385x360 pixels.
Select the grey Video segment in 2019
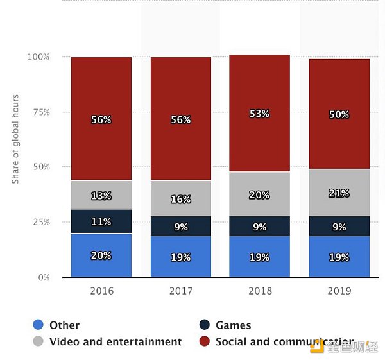click(339, 193)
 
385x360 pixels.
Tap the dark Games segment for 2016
click(101, 221)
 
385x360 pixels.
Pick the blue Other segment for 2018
click(259, 257)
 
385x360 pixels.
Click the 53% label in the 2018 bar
click(259, 114)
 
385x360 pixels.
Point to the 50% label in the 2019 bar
click(339, 115)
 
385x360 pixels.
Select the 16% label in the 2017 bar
click(180, 200)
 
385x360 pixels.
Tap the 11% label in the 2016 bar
click(101, 222)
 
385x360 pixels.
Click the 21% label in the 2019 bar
click(339, 193)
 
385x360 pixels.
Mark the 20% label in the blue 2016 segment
click(101, 255)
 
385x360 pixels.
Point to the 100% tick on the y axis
click(38, 57)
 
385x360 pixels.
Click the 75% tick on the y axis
click(40, 112)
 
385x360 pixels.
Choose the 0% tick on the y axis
click(43, 277)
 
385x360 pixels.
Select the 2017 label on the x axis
click(180, 291)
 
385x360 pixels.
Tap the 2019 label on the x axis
click(339, 291)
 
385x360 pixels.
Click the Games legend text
click(233, 325)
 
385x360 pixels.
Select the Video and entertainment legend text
click(116, 341)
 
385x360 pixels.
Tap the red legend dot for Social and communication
click(205, 341)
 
